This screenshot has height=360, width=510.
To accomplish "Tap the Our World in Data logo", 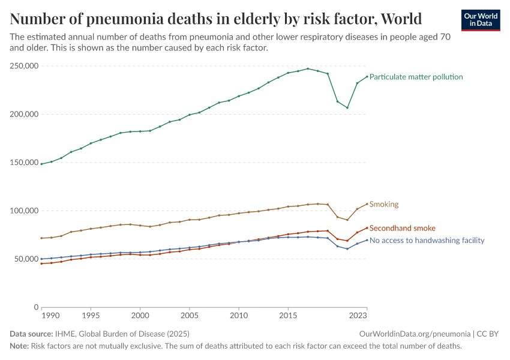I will [480, 20].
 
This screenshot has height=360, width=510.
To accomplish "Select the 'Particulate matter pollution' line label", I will [416, 77].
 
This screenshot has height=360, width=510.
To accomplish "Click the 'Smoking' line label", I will [384, 205].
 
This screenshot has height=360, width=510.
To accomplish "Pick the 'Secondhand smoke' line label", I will [402, 229].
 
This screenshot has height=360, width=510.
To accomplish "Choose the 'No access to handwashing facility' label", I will [427, 241].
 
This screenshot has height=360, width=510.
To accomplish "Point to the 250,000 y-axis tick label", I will [24, 65].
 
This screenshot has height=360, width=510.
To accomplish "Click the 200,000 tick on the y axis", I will [24, 114].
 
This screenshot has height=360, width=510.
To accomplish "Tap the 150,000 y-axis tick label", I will [24, 163].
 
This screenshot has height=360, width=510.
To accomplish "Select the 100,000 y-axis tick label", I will [24, 211].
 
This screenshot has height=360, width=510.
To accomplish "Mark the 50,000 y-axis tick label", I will [26, 259].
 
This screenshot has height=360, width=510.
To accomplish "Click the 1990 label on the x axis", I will [51, 315].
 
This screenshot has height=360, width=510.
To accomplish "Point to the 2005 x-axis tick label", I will [190, 315].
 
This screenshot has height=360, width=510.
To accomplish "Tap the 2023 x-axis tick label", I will [358, 315].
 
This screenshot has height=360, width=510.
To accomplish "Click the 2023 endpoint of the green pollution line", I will [367, 76].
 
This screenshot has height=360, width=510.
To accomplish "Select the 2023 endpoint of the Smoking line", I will [367, 204].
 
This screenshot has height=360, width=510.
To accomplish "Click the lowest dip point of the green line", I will [347, 107].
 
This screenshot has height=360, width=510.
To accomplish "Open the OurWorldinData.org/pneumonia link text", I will [415, 334].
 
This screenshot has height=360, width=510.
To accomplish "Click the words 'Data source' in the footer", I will [31, 334].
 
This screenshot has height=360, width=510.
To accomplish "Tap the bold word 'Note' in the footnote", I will [19, 346].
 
